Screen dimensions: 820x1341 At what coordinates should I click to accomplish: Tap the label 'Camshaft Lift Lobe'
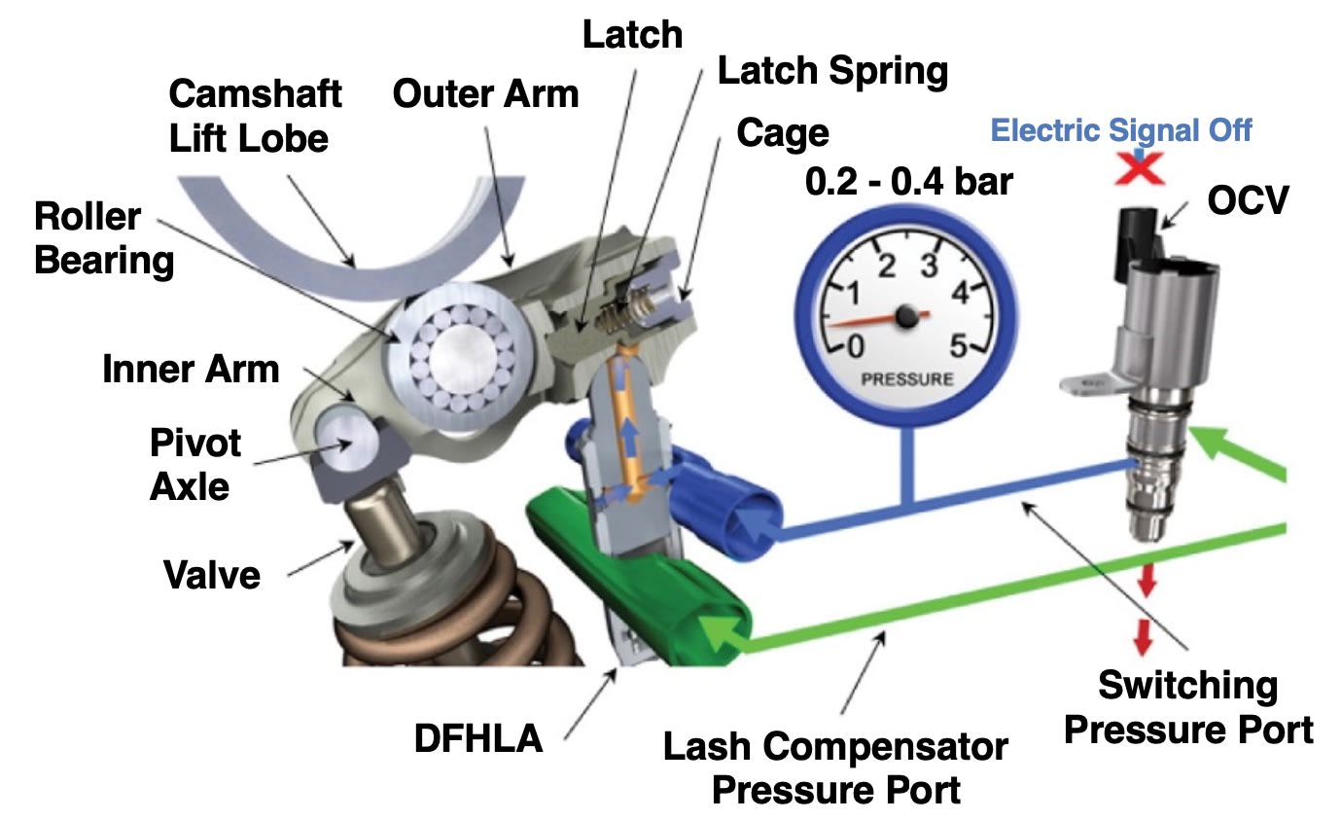click(255, 116)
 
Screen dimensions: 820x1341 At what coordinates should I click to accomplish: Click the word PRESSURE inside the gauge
click(906, 378)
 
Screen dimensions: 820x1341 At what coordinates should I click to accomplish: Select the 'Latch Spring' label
click(831, 70)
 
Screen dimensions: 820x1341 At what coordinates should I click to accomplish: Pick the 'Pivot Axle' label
click(194, 464)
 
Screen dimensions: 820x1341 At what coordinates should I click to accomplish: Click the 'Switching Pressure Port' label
click(1188, 706)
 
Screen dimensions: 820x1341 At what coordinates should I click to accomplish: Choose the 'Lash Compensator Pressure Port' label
click(835, 767)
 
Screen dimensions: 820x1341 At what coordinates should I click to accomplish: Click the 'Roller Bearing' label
click(103, 238)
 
